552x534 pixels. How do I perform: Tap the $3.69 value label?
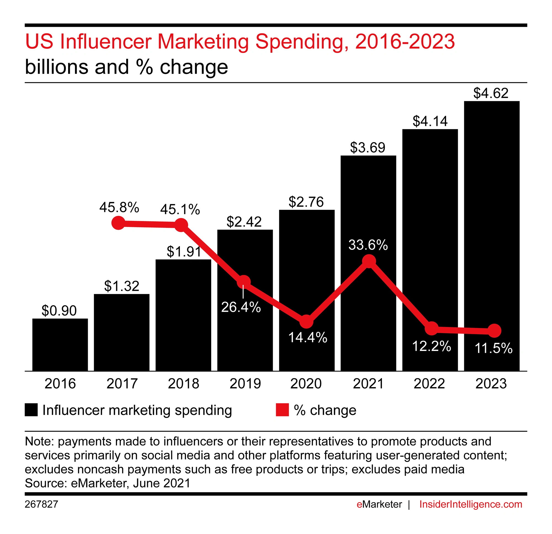[x=368, y=148]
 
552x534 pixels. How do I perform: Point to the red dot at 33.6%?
[x=369, y=261]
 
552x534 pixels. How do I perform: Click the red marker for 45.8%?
[x=118, y=223]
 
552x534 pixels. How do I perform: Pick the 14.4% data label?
[x=307, y=337]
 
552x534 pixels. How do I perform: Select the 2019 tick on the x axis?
[x=245, y=384]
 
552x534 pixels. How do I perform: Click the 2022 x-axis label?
[x=429, y=384]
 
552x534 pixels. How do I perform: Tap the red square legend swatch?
[x=282, y=410]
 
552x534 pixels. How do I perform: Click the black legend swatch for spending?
[x=31, y=410]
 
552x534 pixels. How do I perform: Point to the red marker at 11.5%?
[x=494, y=331]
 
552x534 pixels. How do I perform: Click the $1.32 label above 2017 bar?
[x=122, y=286]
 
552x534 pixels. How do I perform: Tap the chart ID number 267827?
[x=41, y=504]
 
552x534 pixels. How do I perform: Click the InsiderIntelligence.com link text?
[x=471, y=504]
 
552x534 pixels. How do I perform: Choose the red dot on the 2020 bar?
[x=306, y=321]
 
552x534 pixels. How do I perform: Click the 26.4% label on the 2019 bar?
[x=241, y=307]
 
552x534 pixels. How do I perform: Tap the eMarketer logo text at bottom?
[x=379, y=504]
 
